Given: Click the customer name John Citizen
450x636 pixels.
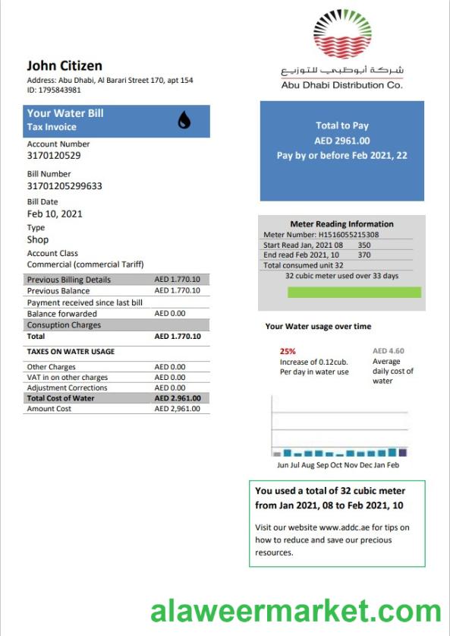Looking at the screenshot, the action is (x=65, y=65).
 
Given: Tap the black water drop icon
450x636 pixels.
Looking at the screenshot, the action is (x=184, y=120).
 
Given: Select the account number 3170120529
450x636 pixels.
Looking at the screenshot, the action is (x=54, y=156).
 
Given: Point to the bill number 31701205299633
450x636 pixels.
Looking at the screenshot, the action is (x=65, y=186).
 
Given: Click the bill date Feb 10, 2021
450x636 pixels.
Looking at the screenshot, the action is (x=55, y=214).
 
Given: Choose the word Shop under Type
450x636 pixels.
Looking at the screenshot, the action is (x=38, y=240).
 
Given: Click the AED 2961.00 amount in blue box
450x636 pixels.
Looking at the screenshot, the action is (x=342, y=141).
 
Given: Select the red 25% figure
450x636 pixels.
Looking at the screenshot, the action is (x=288, y=352).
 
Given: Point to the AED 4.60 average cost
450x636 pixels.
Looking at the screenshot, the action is (x=389, y=351).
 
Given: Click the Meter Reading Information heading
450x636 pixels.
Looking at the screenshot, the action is (x=341, y=224).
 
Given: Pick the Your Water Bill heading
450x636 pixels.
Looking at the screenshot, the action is (x=65, y=113).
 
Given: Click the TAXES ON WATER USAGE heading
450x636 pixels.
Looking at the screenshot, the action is (x=71, y=352).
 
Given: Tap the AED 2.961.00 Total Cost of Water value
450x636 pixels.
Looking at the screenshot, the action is (x=178, y=398).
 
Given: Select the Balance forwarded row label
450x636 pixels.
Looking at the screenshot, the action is (x=62, y=313).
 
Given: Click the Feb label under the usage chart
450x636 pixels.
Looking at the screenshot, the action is (x=392, y=465).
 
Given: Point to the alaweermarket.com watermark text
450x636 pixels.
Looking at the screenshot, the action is (x=296, y=610).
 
